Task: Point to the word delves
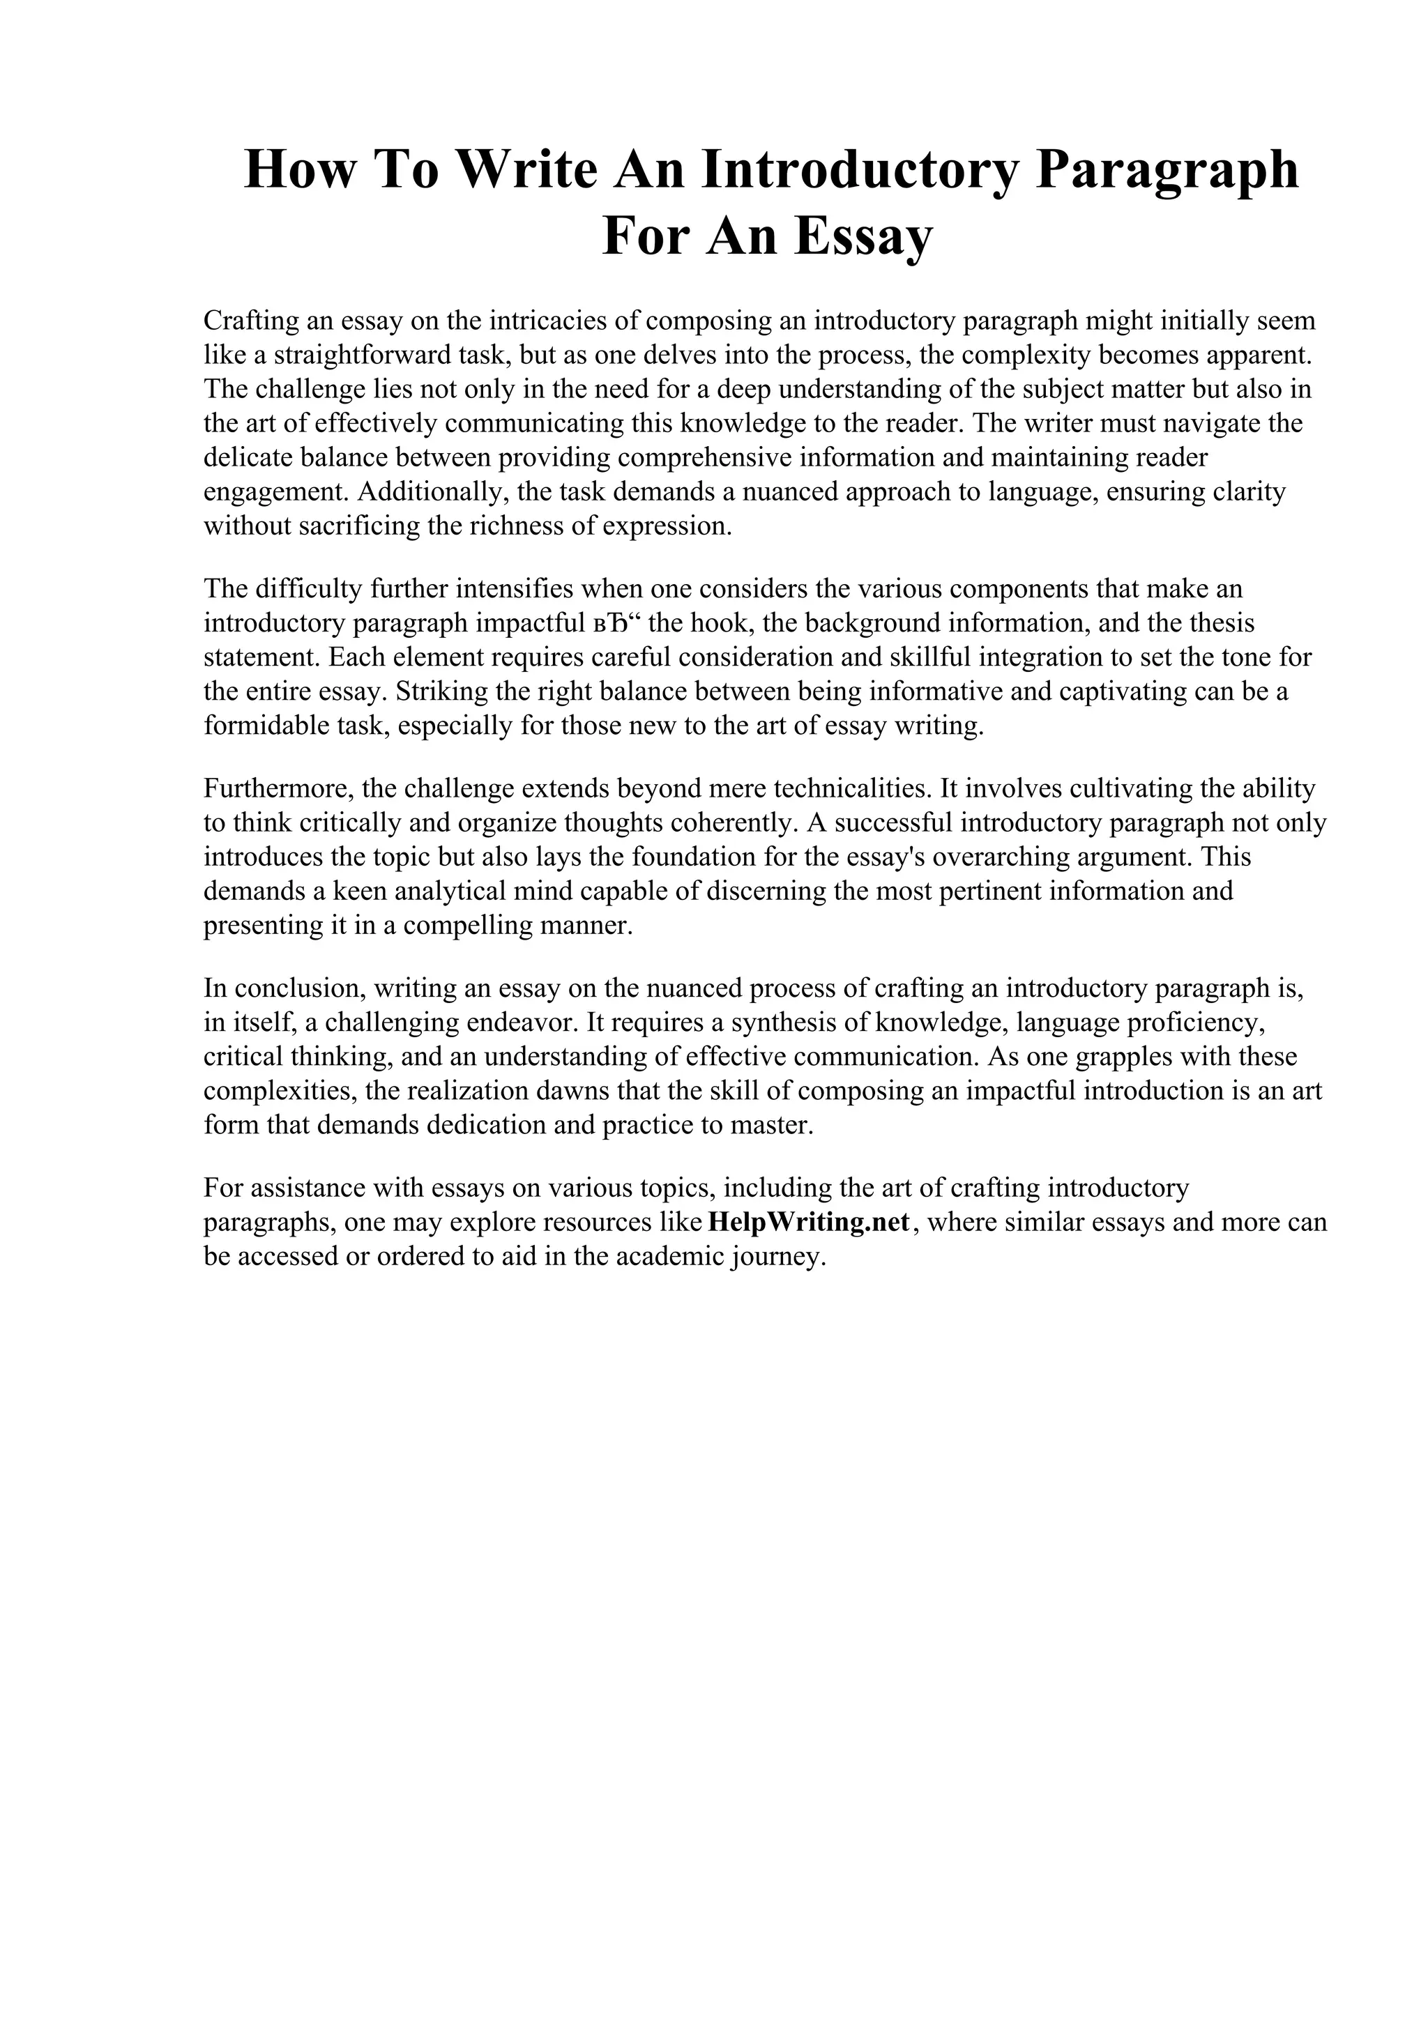coord(678,355)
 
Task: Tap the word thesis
coord(1223,623)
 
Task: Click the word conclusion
coord(295,988)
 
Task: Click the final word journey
coord(780,1257)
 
